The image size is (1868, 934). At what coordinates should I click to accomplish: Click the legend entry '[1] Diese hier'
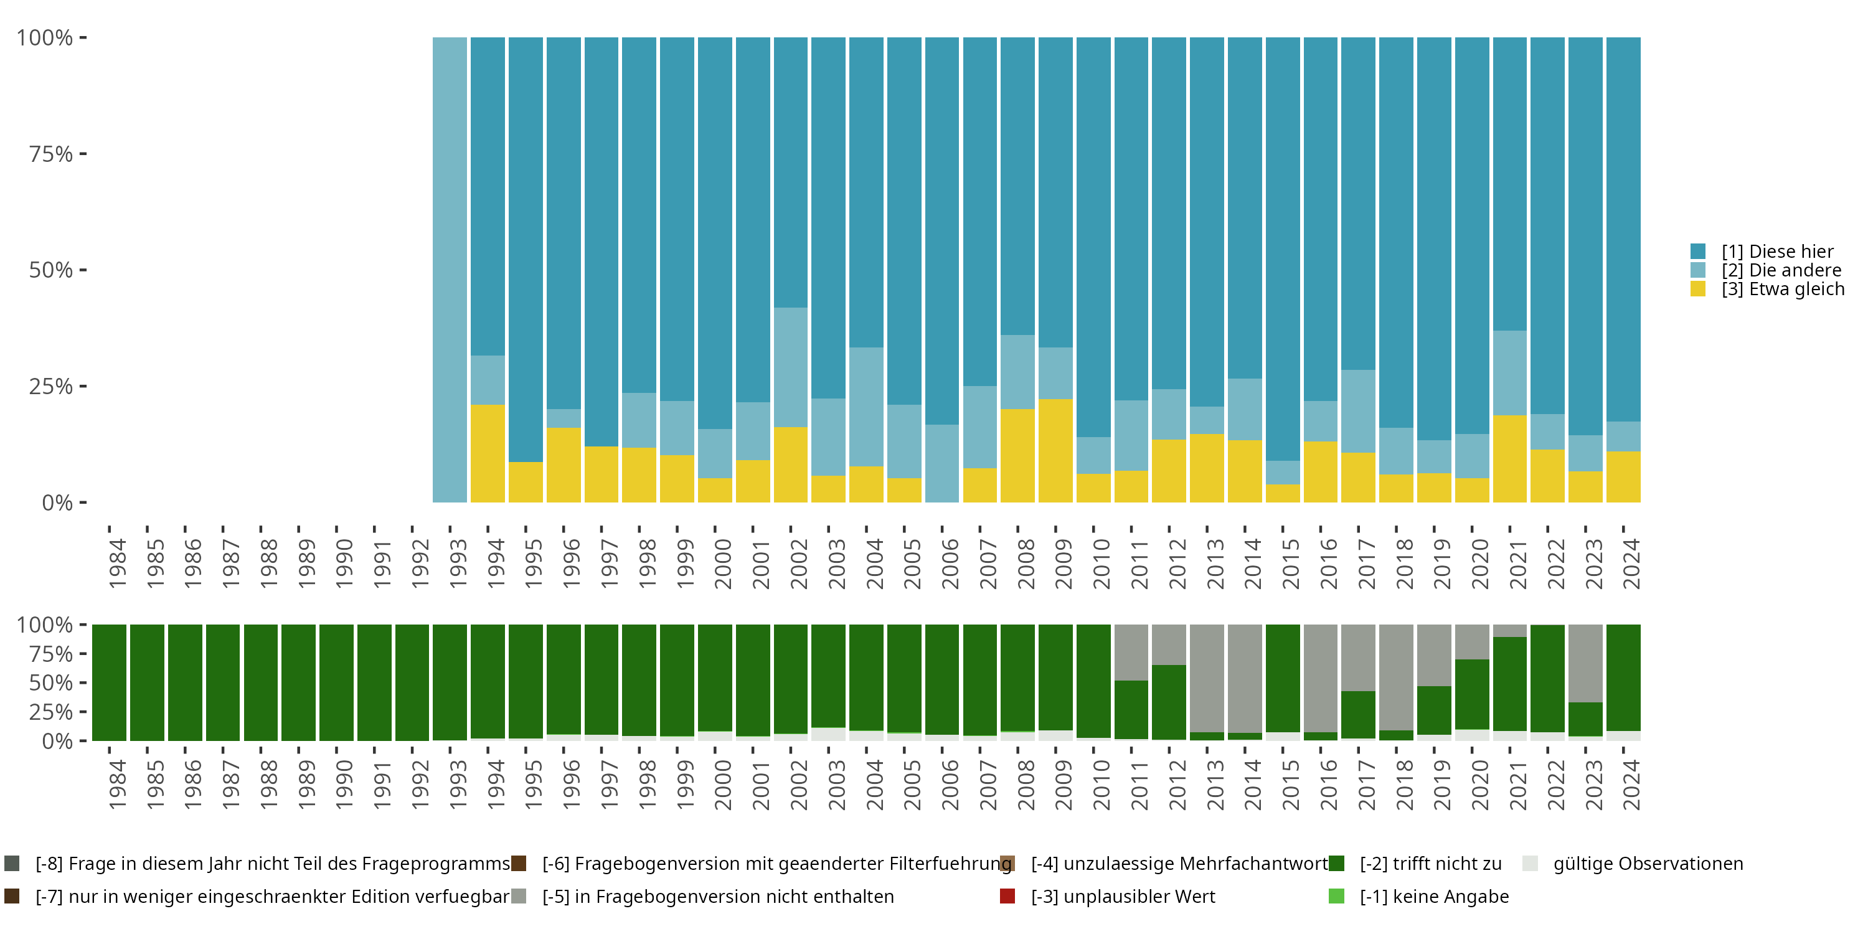[x=1776, y=252]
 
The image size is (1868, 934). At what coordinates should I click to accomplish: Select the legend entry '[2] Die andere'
[x=1780, y=270]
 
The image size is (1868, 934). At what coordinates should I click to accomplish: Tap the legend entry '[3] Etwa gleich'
[x=1783, y=290]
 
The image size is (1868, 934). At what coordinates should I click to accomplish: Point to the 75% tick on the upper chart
[x=83, y=154]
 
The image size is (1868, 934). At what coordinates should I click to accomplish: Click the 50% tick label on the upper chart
[x=51, y=270]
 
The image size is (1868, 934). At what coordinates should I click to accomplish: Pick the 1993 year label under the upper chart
[x=458, y=564]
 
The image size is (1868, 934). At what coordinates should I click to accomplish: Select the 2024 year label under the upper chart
[x=1630, y=564]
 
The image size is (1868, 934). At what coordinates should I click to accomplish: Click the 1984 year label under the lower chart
[x=117, y=785]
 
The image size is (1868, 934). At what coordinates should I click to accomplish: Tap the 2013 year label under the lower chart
[x=1215, y=785]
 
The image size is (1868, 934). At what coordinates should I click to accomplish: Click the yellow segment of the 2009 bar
[x=1055, y=450]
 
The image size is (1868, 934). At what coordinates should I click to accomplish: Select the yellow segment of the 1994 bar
[x=488, y=453]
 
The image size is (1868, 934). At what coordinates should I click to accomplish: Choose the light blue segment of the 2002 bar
[x=790, y=367]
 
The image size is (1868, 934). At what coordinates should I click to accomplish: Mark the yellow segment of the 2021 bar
[x=1510, y=458]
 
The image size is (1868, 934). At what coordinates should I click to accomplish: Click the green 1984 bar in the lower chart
[x=109, y=682]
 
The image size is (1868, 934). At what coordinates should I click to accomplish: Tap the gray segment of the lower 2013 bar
[x=1207, y=678]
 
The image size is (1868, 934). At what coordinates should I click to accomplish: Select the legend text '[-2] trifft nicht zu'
[x=1430, y=864]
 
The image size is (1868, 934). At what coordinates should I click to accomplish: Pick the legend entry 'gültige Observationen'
[x=1648, y=864]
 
